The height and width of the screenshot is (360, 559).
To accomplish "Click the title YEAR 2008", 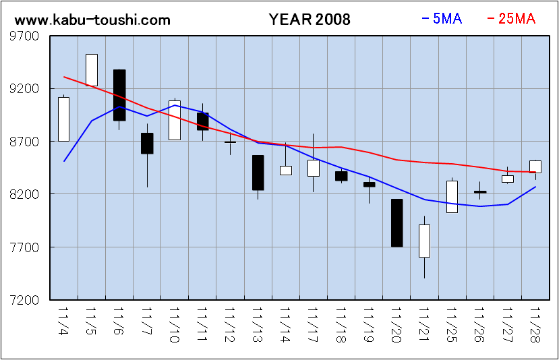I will [x=310, y=20].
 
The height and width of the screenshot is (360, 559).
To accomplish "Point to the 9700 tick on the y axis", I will [x=24, y=36].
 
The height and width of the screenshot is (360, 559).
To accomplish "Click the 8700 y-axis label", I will [x=24, y=142].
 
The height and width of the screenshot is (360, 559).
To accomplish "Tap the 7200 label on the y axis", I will [x=24, y=300].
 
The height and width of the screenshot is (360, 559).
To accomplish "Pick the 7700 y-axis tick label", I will [x=24, y=247].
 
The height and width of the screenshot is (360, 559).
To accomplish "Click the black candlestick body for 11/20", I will [x=396, y=222].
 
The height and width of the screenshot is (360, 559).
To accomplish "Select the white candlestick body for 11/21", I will [x=424, y=241].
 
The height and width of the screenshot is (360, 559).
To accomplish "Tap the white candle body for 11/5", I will [x=92, y=69].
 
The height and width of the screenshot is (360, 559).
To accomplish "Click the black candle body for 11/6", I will [x=119, y=95].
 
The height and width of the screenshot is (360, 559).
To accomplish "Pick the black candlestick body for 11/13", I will [x=258, y=173].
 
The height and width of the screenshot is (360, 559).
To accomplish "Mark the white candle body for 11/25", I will [x=452, y=196].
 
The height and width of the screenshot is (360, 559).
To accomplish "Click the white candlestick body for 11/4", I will [x=63, y=119].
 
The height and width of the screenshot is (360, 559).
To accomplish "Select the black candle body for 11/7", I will [x=147, y=143].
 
